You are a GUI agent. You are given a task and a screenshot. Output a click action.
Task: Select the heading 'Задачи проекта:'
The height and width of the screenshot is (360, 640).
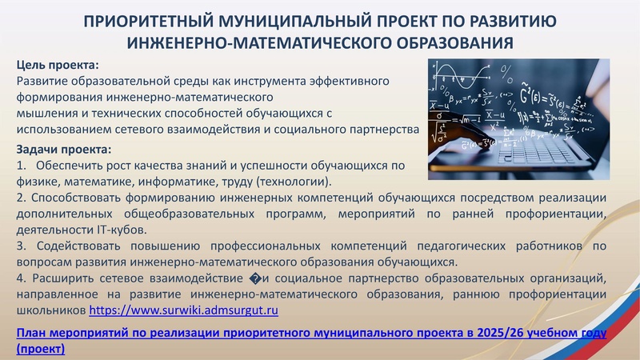pyautogui.click(x=64, y=150)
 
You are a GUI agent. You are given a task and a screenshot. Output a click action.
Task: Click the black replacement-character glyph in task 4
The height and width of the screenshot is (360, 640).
pyautogui.click(x=255, y=278)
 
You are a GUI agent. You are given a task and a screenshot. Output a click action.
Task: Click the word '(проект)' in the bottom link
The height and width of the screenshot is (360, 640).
pyautogui.click(x=40, y=349)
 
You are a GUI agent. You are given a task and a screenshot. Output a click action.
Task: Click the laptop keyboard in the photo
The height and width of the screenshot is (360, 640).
pyautogui.click(x=552, y=148)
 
